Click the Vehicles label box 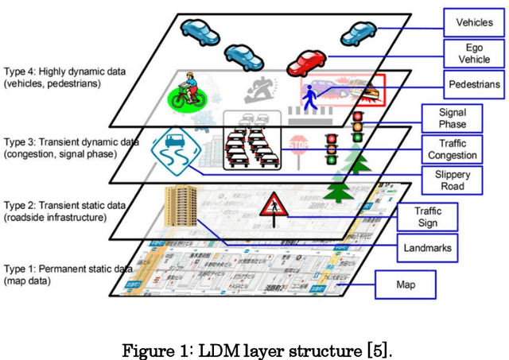[473, 23]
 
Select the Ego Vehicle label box [474, 53]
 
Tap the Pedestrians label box [473, 83]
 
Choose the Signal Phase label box [452, 118]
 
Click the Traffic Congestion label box [452, 149]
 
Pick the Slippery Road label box [452, 180]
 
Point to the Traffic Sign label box [427, 216]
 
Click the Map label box [405, 282]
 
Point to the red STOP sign [298, 145]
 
